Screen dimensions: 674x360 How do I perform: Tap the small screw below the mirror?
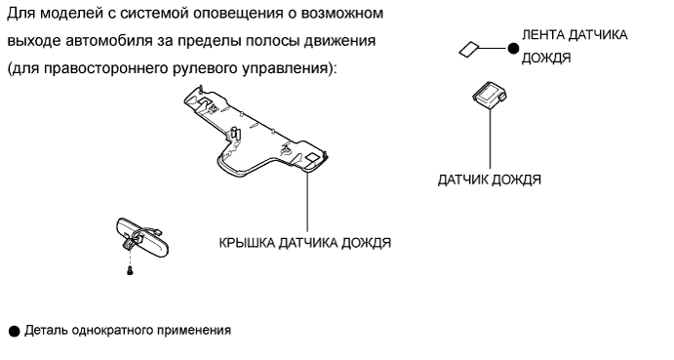[x=130, y=270]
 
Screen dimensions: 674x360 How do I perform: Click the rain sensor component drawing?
[x=490, y=95]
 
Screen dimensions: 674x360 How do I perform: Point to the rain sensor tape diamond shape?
[x=469, y=49]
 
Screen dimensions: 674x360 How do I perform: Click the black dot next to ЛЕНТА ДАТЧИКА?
[x=513, y=49]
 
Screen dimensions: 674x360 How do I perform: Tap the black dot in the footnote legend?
[x=15, y=331]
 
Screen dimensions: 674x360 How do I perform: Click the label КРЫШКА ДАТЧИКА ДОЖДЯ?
[x=304, y=243]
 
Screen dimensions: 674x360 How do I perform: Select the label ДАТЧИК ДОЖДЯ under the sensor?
[x=490, y=180]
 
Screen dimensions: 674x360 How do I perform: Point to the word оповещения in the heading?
[x=240, y=14]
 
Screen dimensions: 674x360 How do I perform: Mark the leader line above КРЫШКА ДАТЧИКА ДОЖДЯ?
[x=307, y=202]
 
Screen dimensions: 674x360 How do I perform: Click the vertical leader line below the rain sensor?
[x=490, y=139]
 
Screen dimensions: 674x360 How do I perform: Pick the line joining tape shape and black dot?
[x=493, y=49]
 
